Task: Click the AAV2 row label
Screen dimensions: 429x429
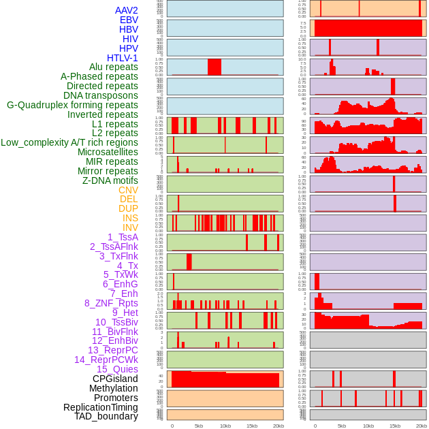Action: (126, 10)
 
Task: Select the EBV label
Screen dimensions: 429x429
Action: (129, 20)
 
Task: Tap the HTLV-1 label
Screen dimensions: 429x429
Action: (123, 58)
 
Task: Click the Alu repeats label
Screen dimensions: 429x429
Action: (114, 67)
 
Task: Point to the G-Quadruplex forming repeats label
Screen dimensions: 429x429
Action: (72, 105)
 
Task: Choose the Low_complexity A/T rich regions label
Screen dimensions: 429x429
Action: (69, 142)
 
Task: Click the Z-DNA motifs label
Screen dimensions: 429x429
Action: (110, 180)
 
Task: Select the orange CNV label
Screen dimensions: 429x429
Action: (128, 190)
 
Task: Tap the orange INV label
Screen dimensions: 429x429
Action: (130, 227)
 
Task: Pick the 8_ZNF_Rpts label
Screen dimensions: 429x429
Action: (111, 303)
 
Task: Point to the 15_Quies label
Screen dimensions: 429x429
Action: (117, 369)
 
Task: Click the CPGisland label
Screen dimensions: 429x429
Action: (115, 379)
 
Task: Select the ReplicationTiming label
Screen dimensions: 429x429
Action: (100, 407)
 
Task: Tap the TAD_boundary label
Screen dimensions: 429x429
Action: (106, 416)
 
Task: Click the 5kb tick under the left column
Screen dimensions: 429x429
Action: (199, 426)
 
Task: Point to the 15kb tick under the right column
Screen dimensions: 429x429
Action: (395, 426)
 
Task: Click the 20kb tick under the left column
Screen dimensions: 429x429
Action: (279, 426)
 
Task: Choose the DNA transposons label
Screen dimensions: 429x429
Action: (101, 95)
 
